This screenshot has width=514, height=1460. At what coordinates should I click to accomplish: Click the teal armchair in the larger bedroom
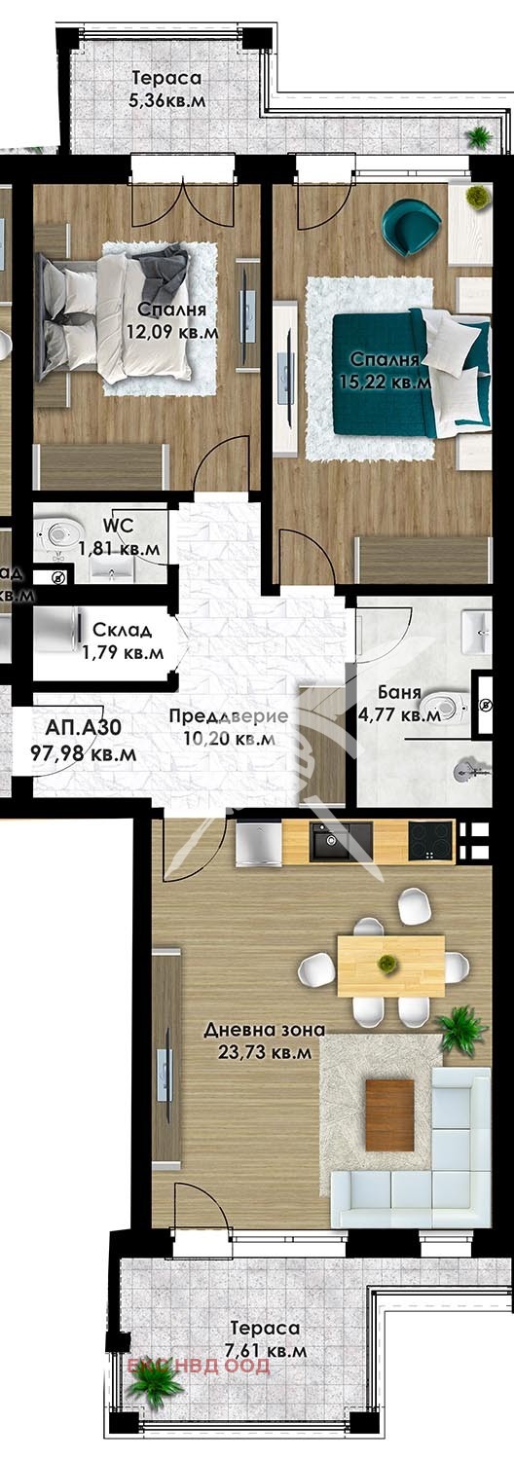[412, 226]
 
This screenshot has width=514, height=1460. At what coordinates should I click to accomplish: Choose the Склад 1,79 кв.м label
[122, 640]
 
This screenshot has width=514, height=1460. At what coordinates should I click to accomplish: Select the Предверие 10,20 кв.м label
[229, 727]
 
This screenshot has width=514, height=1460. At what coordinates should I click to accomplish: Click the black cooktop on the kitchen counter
[431, 841]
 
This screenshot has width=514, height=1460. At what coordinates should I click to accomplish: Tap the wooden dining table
[390, 965]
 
